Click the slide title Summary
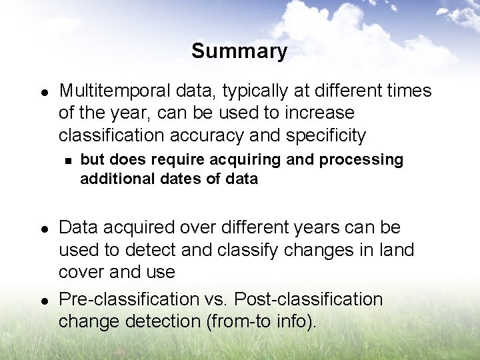(239, 51)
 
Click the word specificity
(326, 135)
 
